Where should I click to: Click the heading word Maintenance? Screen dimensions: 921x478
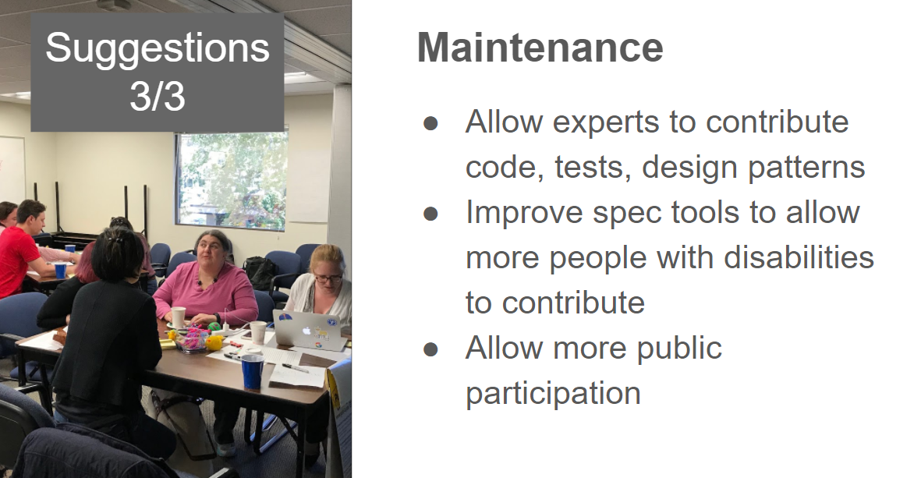pyautogui.click(x=540, y=48)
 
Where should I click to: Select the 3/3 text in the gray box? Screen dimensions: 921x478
pyautogui.click(x=158, y=96)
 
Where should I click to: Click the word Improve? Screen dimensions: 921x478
pyautogui.click(x=524, y=213)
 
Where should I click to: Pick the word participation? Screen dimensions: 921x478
pyautogui.click(x=553, y=394)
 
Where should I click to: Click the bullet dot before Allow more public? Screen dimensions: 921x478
pyautogui.click(x=430, y=349)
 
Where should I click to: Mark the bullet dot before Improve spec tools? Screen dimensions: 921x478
pyautogui.click(x=430, y=214)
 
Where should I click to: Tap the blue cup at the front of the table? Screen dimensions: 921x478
pyautogui.click(x=253, y=371)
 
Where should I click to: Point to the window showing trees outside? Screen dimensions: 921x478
pyautogui.click(x=232, y=179)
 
